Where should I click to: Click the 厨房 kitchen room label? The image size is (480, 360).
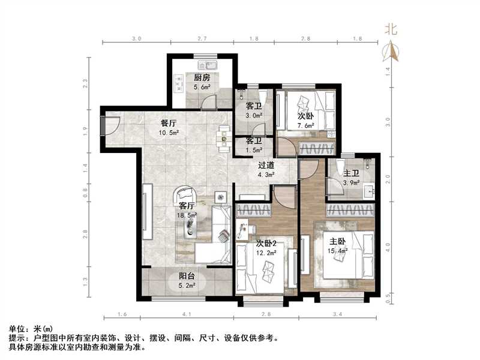pyautogui.click(x=202, y=78)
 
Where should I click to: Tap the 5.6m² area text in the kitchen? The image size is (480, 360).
pyautogui.click(x=202, y=88)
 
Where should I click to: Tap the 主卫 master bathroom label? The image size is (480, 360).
pyautogui.click(x=351, y=173)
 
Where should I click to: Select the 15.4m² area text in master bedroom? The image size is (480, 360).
pyautogui.click(x=338, y=251)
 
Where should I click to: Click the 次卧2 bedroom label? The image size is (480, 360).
pyautogui.click(x=266, y=244)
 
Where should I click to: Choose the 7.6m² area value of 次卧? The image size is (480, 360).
pyautogui.click(x=306, y=125)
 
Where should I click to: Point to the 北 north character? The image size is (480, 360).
pyautogui.click(x=391, y=29)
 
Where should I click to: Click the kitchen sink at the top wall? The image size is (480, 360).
pyautogui.click(x=212, y=64)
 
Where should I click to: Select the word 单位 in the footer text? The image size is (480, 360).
pyautogui.click(x=17, y=329)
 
